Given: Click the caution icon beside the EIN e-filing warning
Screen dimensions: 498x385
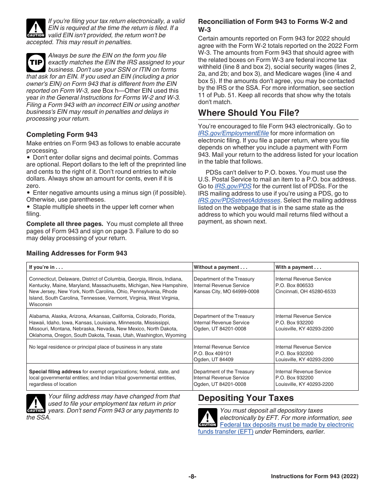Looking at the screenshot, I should point(36,28).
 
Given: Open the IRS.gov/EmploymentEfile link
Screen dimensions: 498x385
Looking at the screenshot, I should point(233,133).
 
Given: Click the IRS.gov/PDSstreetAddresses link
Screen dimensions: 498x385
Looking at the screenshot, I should point(239,200).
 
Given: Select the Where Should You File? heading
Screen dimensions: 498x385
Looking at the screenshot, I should point(249,113).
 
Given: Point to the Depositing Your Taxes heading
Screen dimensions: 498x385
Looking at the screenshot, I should point(246,398).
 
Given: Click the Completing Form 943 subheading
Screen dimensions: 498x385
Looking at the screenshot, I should point(62,134).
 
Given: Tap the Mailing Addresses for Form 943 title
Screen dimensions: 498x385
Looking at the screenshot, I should point(77,253).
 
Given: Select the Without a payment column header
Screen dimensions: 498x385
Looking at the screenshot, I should point(220,267).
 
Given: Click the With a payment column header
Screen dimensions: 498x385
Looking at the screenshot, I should point(298,267).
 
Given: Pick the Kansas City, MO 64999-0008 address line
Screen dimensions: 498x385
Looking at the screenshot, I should point(226,292).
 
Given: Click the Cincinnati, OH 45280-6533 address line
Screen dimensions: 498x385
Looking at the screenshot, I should point(306,292).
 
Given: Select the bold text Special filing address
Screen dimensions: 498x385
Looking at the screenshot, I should point(55,372).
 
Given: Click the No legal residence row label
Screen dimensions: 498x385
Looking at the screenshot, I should point(96,347).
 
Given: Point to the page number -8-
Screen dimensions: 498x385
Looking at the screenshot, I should point(192,477).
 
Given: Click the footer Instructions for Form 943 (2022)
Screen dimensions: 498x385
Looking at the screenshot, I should point(314,477).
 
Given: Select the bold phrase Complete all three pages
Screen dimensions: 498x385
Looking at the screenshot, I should point(64,224).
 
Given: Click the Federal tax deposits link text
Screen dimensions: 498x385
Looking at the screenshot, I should point(287,425).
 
